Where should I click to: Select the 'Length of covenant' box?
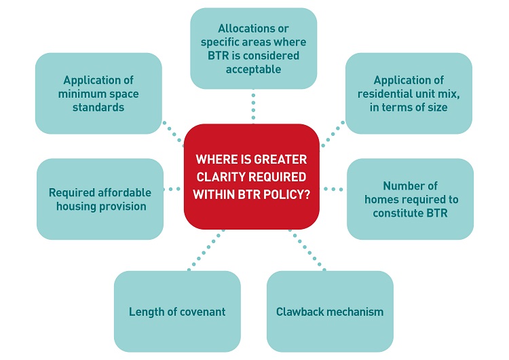pyautogui.click(x=177, y=312)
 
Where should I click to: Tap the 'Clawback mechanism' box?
pyautogui.click(x=330, y=312)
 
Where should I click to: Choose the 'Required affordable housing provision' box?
pyautogui.click(x=100, y=199)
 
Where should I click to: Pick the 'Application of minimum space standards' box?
pyautogui.click(x=98, y=93)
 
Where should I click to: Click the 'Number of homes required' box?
pyautogui.click(x=410, y=199)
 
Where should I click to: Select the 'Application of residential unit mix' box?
pyautogui.click(x=409, y=93)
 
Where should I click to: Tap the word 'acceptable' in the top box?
pyautogui.click(x=253, y=69)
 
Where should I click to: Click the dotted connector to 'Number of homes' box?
pyautogui.click(x=333, y=188)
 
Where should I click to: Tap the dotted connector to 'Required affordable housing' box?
pyautogui.click(x=174, y=188)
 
